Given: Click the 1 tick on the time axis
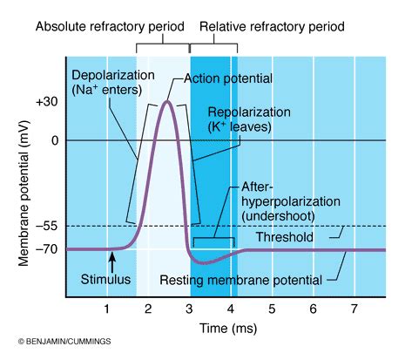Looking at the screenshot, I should tap(106, 309).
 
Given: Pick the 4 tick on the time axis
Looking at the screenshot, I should tap(231, 309).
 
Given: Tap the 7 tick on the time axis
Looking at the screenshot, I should tap(354, 309).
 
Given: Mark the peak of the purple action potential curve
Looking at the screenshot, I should tap(167, 102).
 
